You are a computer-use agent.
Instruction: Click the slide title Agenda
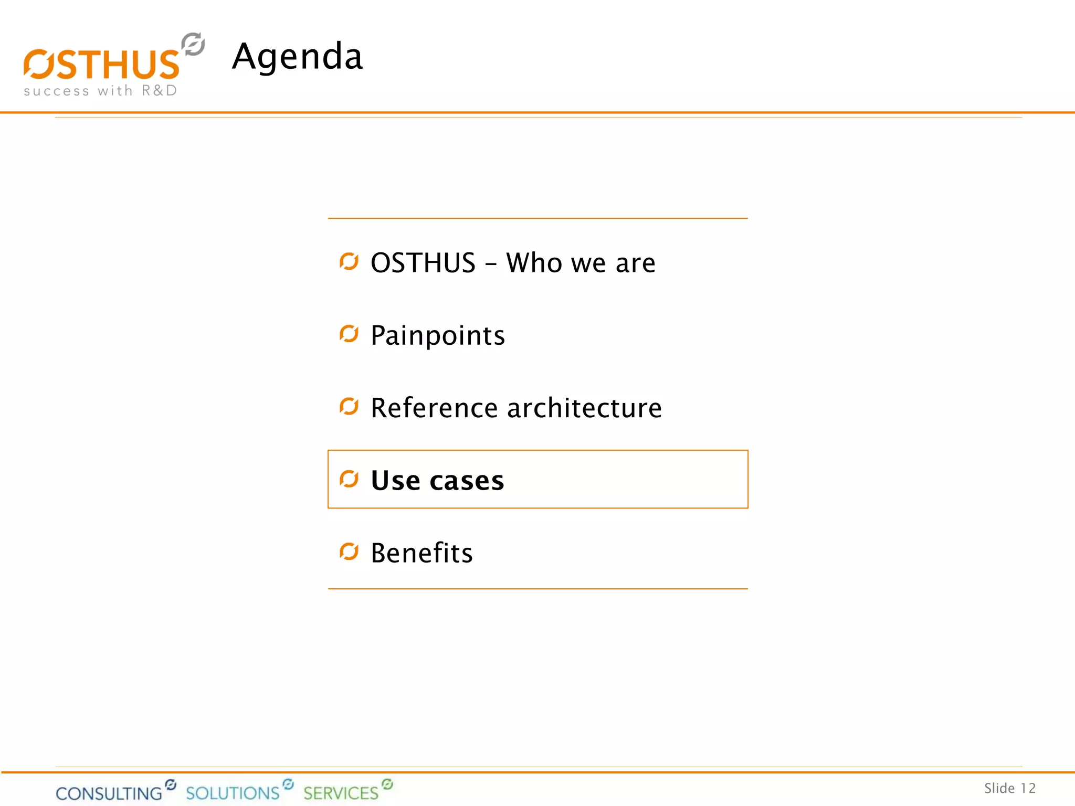point(297,57)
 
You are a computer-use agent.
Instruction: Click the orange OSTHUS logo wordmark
point(102,65)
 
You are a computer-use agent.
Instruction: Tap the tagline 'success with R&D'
point(100,91)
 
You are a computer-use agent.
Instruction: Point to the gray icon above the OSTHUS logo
point(193,44)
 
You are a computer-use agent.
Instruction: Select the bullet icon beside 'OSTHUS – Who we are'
point(349,261)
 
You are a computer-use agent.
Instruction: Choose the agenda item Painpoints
point(438,335)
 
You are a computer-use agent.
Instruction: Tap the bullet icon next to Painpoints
point(349,334)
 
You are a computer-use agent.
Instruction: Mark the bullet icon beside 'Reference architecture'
point(349,406)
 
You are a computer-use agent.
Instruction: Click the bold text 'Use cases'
point(437,480)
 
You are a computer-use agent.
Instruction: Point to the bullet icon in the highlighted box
point(349,479)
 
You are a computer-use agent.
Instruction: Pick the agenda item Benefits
point(421,553)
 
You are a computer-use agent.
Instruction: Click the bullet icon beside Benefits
point(349,552)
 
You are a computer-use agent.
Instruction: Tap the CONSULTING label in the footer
point(109,793)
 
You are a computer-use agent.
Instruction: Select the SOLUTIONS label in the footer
point(233,792)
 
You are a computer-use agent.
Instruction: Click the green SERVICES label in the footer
point(341,792)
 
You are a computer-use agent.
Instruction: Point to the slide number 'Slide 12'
point(1009,788)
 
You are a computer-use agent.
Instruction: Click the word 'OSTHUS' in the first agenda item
point(423,262)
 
